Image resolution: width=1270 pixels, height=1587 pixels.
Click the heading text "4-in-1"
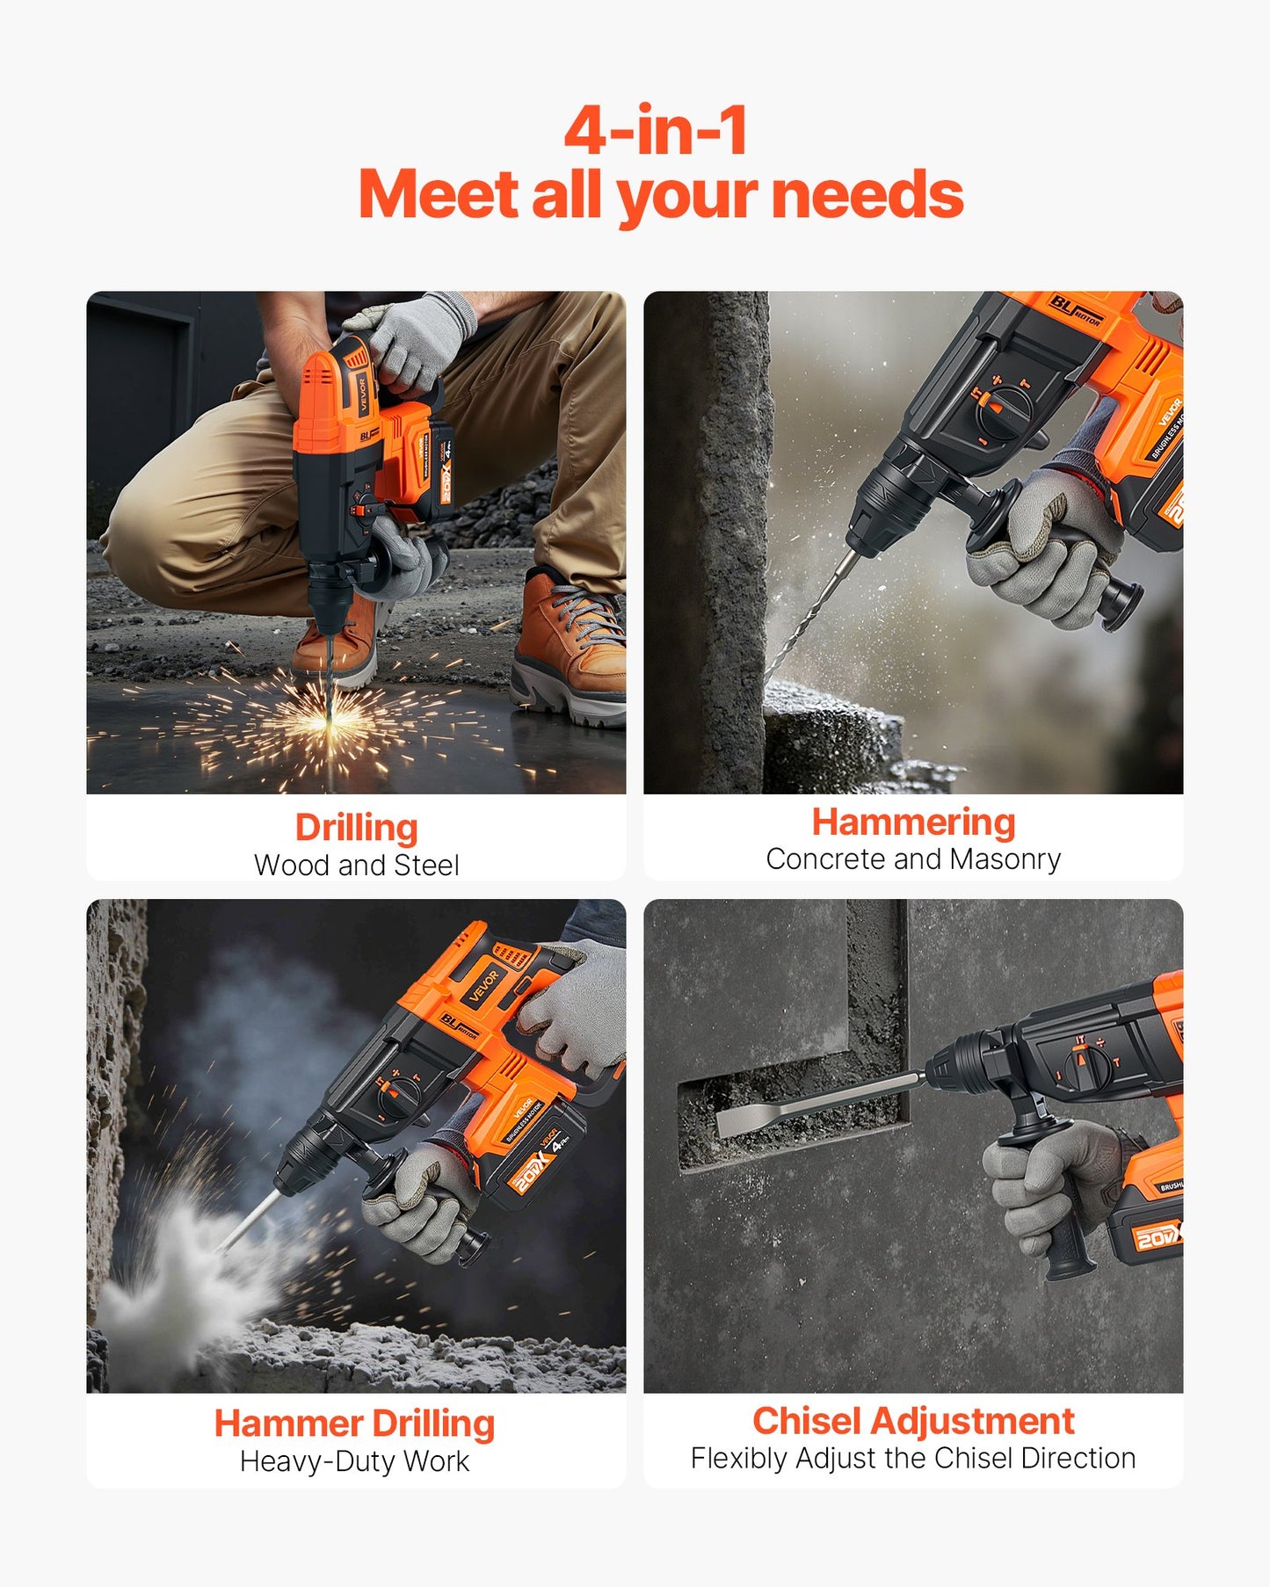click(656, 130)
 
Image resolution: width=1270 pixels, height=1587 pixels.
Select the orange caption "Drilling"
click(356, 828)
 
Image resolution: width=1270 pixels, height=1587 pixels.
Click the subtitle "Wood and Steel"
click(356, 866)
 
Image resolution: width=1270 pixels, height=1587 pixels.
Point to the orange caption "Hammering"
click(913, 822)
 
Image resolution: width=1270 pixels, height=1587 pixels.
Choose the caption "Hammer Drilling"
click(354, 1424)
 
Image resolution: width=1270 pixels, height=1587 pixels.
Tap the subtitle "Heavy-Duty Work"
click(354, 1461)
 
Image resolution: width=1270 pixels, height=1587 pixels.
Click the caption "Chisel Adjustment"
click(913, 1421)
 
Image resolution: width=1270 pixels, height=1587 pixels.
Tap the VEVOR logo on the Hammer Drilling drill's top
click(483, 984)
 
